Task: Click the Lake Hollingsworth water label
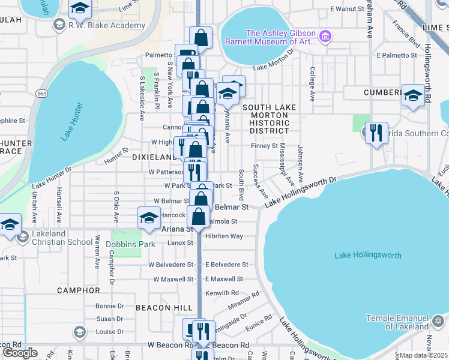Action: point(367,256)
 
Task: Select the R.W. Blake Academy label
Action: point(107,26)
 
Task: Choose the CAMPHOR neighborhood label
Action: point(78,290)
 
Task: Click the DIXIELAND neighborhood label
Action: point(152,156)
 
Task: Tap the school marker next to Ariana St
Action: point(149,218)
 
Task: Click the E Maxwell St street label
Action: point(224,279)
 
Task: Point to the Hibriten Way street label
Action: point(224,236)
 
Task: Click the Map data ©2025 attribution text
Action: point(424,355)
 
